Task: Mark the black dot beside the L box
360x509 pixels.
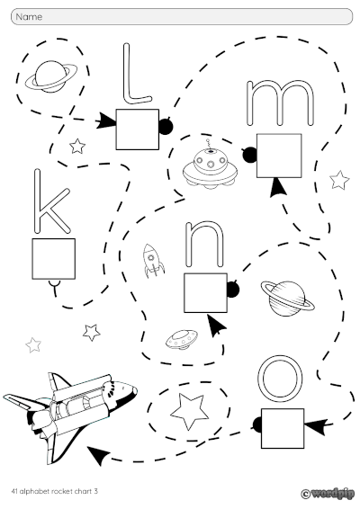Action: pos(165,127)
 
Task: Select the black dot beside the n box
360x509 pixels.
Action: pos(233,289)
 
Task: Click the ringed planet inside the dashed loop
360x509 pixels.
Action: pos(48,76)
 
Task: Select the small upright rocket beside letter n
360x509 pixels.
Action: pos(154,259)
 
